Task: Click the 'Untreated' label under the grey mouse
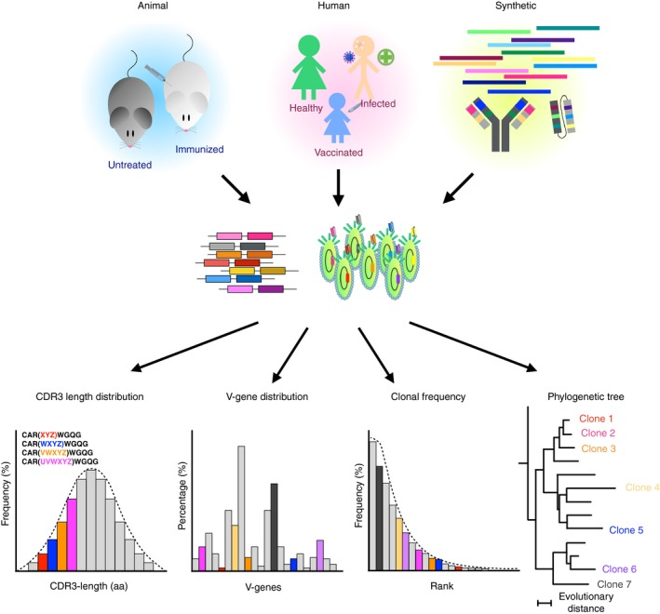point(129,165)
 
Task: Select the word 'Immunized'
point(199,149)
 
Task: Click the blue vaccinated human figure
point(337,118)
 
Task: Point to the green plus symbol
point(385,57)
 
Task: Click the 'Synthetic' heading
point(516,6)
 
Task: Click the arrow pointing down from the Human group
point(338,188)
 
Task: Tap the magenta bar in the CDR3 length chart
point(72,535)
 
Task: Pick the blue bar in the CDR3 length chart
point(52,555)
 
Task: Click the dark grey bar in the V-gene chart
point(274,527)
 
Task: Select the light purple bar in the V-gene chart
point(320,555)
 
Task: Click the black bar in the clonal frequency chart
point(379,518)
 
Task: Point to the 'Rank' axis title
point(442,586)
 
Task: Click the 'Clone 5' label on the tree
point(626,530)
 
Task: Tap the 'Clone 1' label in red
point(596,419)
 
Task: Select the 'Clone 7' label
point(614,584)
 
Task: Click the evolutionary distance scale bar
point(545,604)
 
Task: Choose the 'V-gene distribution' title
point(267,396)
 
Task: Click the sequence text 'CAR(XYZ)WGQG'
point(51,434)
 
